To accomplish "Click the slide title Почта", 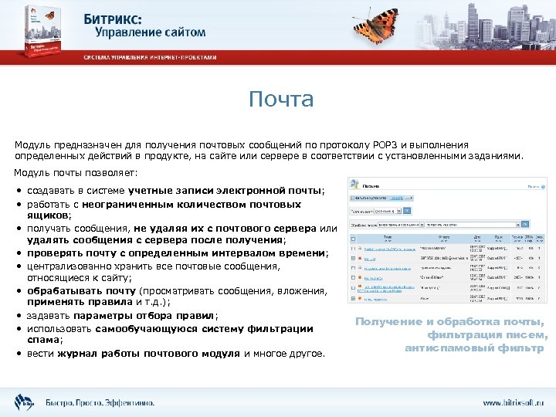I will pos(281,100).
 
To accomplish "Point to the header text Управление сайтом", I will pos(151,32).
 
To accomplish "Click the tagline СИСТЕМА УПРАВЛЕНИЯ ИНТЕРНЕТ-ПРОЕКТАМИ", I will pos(151,58).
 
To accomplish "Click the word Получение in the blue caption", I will pos(389,322).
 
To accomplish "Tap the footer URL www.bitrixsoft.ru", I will pos(514,403).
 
